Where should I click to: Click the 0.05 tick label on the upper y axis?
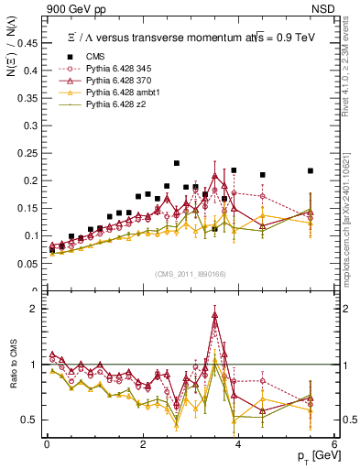[30, 264]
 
